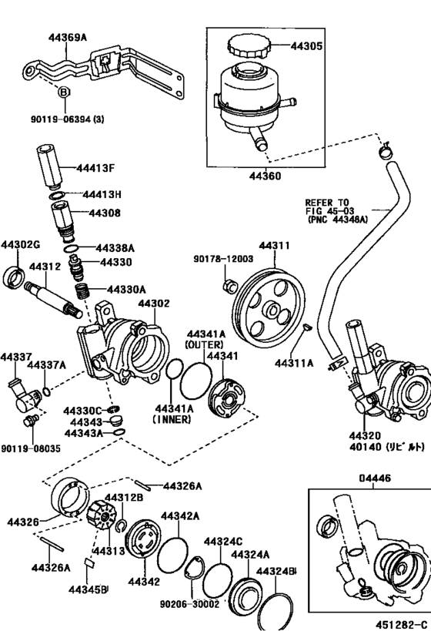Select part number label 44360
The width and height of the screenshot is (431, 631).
click(x=265, y=176)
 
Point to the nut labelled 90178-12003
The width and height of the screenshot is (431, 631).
click(x=229, y=285)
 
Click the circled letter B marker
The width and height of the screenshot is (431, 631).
click(x=64, y=92)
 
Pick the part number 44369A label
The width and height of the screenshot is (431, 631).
click(x=68, y=38)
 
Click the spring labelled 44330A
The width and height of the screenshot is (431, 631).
click(x=82, y=291)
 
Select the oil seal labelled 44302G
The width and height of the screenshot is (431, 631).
click(x=14, y=277)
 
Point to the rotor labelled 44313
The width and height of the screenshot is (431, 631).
click(x=102, y=515)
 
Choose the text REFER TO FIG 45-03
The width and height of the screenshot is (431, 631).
click(x=327, y=206)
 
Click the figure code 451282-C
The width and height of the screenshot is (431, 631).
click(x=401, y=624)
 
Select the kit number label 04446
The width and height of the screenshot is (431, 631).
click(x=374, y=478)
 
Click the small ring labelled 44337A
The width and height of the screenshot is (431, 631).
click(x=46, y=391)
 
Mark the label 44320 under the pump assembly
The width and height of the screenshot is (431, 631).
click(x=364, y=436)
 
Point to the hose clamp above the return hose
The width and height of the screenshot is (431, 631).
click(x=386, y=152)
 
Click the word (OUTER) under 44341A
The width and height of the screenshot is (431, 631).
click(x=204, y=345)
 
